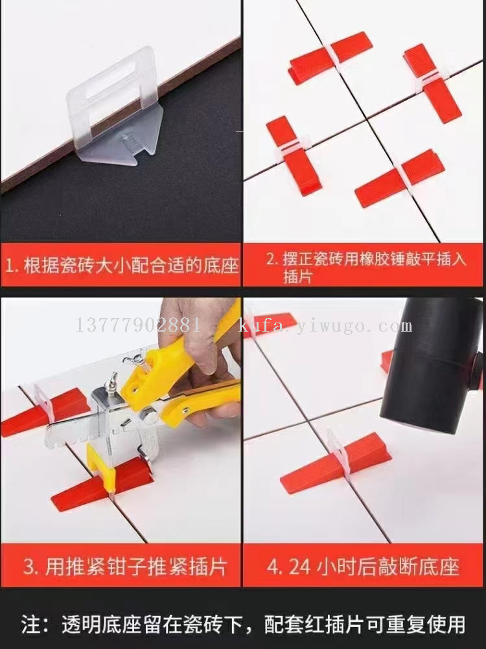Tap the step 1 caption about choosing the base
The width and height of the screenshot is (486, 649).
click(122, 266)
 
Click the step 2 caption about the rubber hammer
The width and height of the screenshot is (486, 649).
click(366, 267)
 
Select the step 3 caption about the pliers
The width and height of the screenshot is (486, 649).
click(125, 566)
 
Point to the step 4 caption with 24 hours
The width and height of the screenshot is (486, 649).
click(363, 566)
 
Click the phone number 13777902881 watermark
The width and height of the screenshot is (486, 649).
click(138, 325)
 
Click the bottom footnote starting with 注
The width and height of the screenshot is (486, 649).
click(243, 624)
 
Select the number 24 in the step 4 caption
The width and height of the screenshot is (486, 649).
click(299, 567)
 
